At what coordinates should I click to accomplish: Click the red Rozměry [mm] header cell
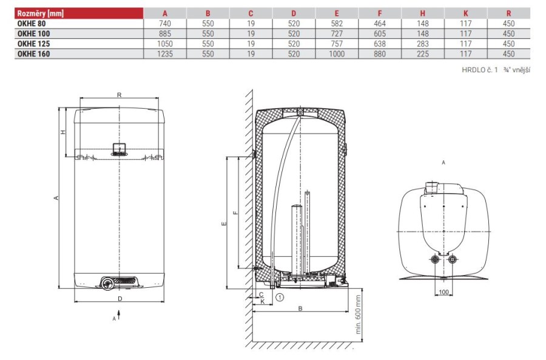79,13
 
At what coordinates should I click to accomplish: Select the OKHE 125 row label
33,44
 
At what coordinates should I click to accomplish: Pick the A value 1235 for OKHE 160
164,54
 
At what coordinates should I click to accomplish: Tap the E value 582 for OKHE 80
337,24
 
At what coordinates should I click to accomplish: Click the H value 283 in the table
423,44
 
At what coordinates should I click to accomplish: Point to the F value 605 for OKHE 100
380,34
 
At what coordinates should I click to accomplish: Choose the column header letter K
465,13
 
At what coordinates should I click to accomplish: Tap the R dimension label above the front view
119,95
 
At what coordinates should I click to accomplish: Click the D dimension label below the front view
120,299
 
